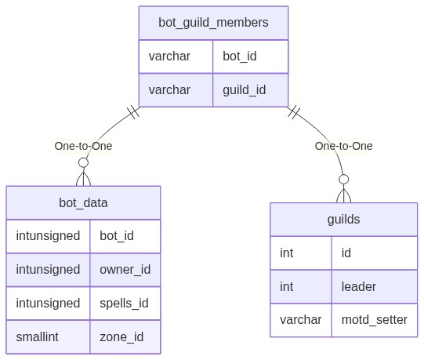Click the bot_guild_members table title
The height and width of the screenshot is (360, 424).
[x=213, y=23]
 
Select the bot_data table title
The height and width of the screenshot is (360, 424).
[x=83, y=202]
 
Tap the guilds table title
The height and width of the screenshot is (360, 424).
[x=344, y=220]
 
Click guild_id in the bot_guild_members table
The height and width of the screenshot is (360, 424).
[x=245, y=90]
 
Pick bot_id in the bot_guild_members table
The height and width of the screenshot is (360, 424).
[x=240, y=56]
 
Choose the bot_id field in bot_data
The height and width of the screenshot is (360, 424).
[x=117, y=236]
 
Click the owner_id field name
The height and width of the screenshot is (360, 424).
[x=125, y=270]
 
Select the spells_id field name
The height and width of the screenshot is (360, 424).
[x=124, y=304]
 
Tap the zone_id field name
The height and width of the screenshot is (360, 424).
[x=121, y=337]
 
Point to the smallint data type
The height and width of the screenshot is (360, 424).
[x=37, y=337]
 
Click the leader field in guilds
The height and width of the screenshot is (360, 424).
[x=359, y=286]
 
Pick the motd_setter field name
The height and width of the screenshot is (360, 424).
[x=375, y=320]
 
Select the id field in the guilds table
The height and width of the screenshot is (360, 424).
[x=346, y=253]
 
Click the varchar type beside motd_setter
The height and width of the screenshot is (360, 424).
[x=300, y=320]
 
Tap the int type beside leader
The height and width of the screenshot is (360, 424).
[x=286, y=286]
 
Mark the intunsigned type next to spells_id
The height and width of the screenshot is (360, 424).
[x=48, y=304]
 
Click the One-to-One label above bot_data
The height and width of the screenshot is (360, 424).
[x=83, y=146]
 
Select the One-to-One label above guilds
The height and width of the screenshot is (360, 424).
[x=344, y=146]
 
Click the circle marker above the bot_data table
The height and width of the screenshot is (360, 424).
[x=83, y=162]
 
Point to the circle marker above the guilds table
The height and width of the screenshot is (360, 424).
[x=344, y=179]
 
